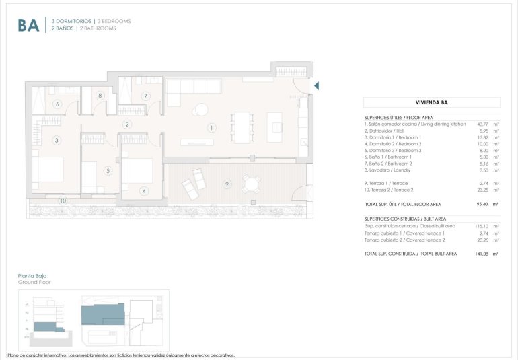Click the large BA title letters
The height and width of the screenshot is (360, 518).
[28, 25]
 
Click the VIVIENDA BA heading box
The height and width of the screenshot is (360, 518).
[431, 103]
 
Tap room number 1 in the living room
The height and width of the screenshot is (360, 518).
[211, 127]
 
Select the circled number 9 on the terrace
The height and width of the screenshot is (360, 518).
[227, 184]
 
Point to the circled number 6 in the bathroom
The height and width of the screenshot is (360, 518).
[57, 104]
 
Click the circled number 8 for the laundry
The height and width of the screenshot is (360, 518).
[100, 96]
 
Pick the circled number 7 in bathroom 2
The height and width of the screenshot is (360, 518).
[145, 96]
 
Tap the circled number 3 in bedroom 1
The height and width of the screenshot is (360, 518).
[57, 140]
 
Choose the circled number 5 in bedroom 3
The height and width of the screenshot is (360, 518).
[107, 171]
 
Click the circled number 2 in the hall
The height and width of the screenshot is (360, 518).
[127, 124]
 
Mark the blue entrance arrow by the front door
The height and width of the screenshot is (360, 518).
[316, 85]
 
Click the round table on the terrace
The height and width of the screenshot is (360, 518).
[252, 183]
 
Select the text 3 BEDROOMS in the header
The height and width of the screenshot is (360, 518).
[112, 21]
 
